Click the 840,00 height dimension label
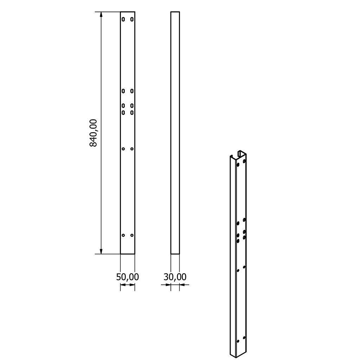[x=94, y=133]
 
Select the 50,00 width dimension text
[x=127, y=277]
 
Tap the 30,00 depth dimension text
[x=175, y=277]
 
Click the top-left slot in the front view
[x=123, y=19]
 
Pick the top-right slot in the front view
[x=132, y=19]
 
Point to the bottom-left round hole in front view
[x=123, y=235]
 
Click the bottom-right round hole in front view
[x=132, y=235]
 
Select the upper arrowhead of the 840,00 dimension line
[x=101, y=15]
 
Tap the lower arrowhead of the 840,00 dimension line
[x=101, y=251]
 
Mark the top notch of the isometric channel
[x=241, y=154]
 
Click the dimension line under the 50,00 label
[x=127, y=285]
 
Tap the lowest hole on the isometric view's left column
[x=238, y=341]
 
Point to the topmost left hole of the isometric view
[x=238, y=164]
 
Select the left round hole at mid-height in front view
[x=123, y=149]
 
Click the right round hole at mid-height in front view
[x=132, y=149]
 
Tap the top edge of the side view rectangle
[x=175, y=12]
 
